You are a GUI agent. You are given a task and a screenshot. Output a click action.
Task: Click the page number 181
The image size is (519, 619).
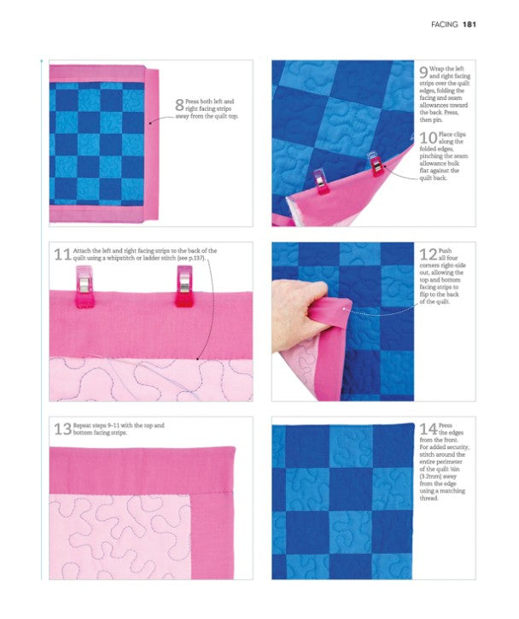(x=469, y=25)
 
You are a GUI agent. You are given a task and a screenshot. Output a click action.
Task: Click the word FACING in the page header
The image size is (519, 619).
(x=445, y=25)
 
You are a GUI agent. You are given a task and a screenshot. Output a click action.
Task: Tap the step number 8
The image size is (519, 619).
(x=179, y=105)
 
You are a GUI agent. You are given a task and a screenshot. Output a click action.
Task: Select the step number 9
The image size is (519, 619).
(x=423, y=73)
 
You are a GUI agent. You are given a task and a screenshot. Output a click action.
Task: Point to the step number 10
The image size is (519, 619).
(x=429, y=137)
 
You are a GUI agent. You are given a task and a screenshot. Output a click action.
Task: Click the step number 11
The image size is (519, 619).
(x=62, y=254)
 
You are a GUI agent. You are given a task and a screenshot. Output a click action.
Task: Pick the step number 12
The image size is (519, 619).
(x=429, y=254)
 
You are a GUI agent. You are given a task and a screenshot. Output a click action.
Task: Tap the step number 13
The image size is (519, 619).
(x=63, y=429)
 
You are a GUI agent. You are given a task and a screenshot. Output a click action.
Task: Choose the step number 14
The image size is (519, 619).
(x=429, y=429)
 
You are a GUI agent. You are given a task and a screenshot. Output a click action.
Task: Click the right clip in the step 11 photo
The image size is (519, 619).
(x=184, y=286)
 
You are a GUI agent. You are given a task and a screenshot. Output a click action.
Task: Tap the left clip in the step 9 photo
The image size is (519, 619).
(x=320, y=182)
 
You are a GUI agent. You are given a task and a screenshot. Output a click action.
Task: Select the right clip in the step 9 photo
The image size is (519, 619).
(x=376, y=164)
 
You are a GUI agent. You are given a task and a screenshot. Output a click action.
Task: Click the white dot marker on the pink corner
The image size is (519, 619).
(x=345, y=309)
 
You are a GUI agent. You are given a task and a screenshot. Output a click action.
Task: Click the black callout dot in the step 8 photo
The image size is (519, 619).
(x=150, y=123)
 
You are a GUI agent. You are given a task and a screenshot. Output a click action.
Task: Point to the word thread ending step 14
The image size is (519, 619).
(x=429, y=499)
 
